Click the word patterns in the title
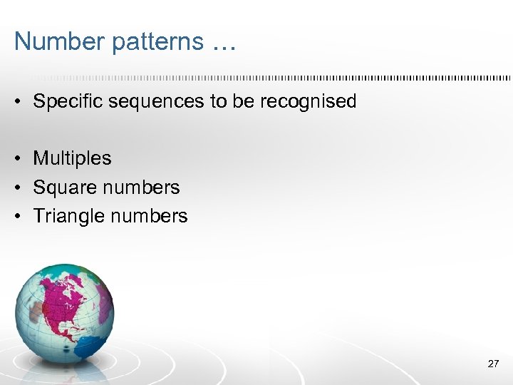coord(147,43)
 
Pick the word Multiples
coord(72,158)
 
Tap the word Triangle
coord(68,216)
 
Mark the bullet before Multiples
coord(17,158)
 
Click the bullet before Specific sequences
coord(17,102)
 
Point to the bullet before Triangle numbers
coord(17,216)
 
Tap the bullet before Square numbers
coord(17,188)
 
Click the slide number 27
coord(493,364)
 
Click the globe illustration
coord(64,314)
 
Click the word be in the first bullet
coord(243,101)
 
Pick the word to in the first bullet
coord(217,101)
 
